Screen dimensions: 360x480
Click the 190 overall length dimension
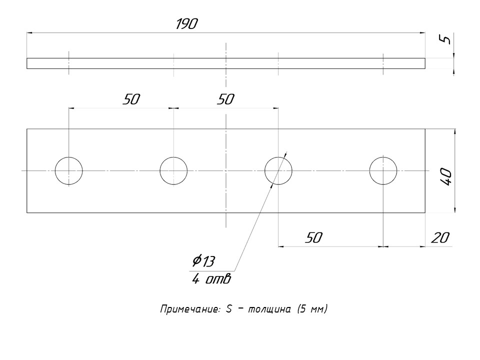click(186, 24)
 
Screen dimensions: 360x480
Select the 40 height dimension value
click(446, 177)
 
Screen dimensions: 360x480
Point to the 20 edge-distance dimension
click(440, 238)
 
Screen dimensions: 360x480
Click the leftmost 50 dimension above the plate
click(131, 99)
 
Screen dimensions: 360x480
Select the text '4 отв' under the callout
click(211, 279)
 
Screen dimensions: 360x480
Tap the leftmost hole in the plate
click(69, 171)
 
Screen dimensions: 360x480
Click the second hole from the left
click(173, 171)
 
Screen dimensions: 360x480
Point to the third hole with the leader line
click(278, 171)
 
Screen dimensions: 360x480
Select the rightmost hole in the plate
click(383, 171)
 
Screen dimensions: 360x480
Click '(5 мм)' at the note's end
click(312, 309)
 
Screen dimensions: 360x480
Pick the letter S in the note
click(229, 309)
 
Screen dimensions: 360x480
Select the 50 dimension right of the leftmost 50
click(225, 99)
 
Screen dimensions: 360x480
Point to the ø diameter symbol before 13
click(196, 260)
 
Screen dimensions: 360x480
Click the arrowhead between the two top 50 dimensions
click(173, 107)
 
